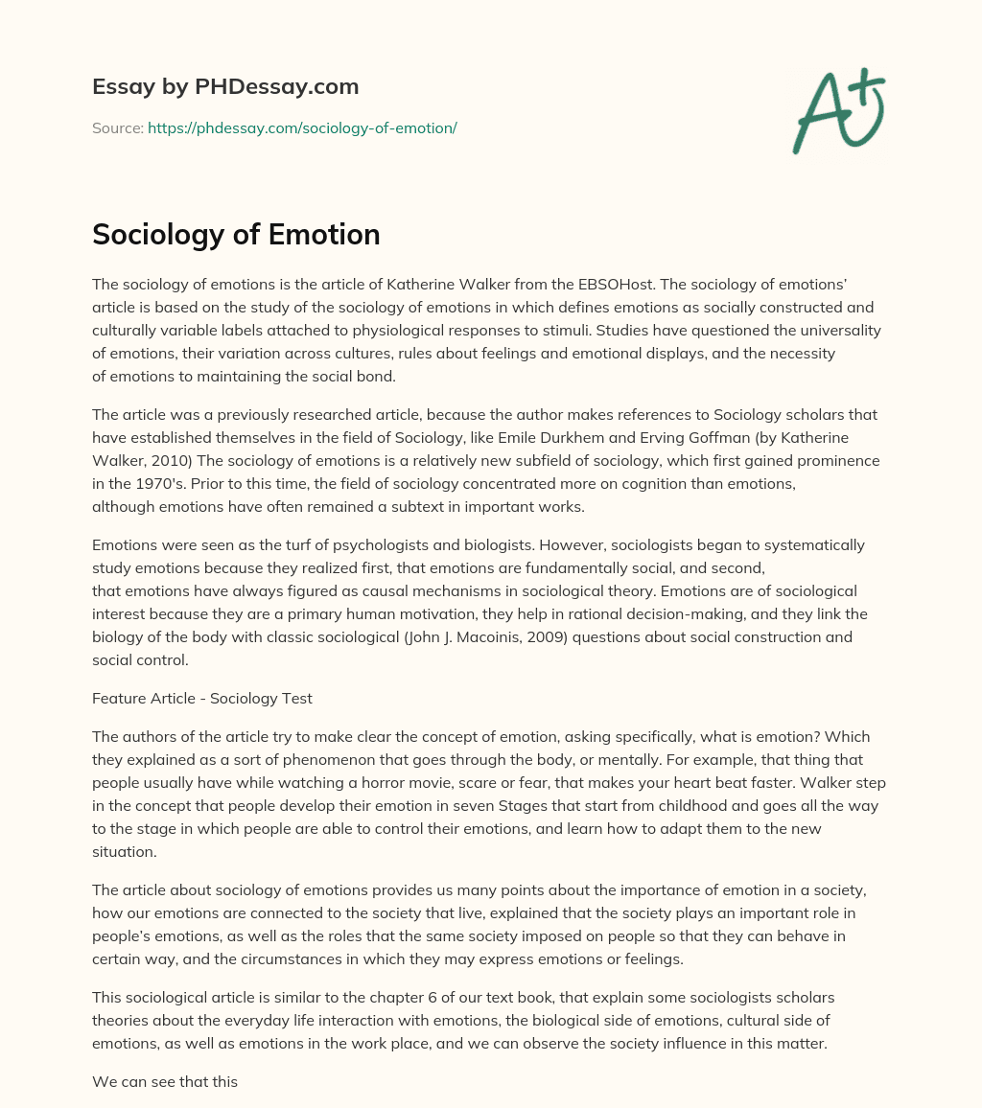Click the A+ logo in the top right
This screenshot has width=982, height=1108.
(x=838, y=111)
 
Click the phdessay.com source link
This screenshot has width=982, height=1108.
(x=302, y=127)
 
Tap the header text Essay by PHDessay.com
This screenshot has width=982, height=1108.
(x=225, y=87)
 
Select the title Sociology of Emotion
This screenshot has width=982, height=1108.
(x=236, y=235)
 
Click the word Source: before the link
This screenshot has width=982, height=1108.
(x=118, y=127)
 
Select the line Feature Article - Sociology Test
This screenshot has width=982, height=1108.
(x=202, y=698)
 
